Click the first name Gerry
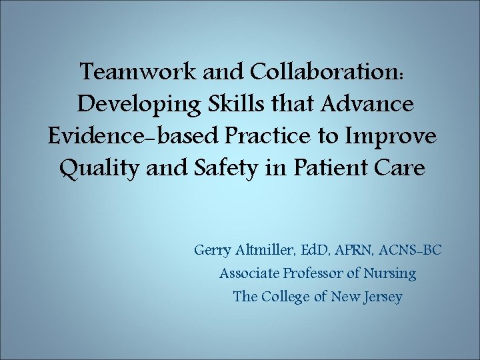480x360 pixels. point(212,251)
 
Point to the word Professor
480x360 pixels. point(313,273)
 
